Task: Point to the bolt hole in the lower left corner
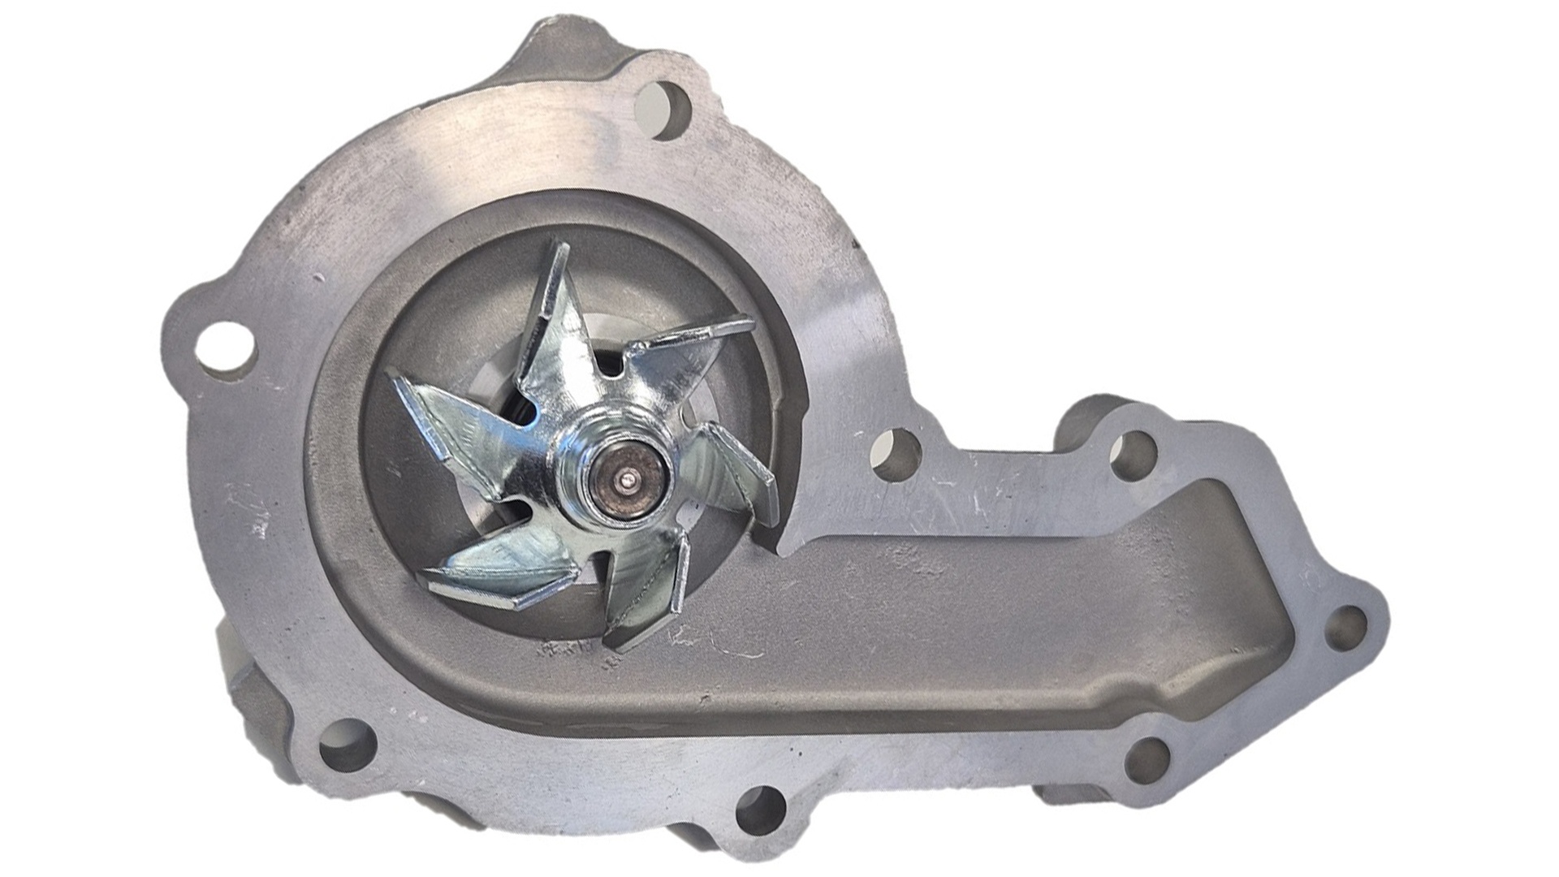point(348,750)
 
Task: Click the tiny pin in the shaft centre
point(628,482)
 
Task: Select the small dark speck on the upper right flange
point(854,241)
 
